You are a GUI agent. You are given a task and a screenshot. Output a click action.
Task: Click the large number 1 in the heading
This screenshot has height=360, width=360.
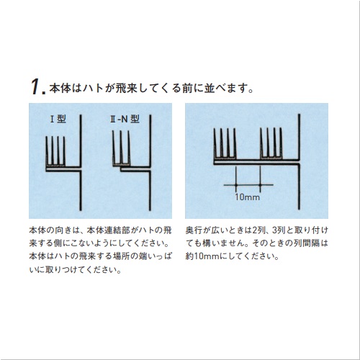36,87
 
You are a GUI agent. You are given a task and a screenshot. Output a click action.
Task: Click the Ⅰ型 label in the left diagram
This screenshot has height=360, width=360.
58,119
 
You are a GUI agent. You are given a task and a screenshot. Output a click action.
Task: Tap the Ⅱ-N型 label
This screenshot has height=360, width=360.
125,119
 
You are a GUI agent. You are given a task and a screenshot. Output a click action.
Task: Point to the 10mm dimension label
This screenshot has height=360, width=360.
247,197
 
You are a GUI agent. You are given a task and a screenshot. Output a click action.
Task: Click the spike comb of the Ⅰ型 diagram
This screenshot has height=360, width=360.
55,151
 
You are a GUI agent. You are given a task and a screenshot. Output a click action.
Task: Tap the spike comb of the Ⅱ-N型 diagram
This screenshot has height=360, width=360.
122,148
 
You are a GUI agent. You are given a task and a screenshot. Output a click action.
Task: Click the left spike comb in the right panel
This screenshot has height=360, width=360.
225,143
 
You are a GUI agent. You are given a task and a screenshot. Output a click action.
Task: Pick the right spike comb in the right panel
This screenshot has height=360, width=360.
271,143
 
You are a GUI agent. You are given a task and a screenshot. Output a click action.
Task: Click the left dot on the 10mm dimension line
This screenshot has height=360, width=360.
236,185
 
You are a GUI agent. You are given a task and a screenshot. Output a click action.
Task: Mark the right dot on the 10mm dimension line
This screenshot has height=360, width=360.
260,185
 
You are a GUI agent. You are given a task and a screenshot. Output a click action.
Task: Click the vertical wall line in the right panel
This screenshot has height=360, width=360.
299,161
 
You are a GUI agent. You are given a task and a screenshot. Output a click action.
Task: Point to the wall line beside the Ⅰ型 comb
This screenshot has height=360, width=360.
81,163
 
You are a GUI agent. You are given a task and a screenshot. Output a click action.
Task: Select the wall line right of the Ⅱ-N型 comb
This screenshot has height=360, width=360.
150,163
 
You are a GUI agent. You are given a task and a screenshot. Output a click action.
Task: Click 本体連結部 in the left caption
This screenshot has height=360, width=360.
109,230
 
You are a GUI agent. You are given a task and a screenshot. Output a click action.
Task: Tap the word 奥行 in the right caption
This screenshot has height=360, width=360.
194,230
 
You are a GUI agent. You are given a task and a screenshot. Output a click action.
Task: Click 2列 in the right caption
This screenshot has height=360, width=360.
258,230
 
